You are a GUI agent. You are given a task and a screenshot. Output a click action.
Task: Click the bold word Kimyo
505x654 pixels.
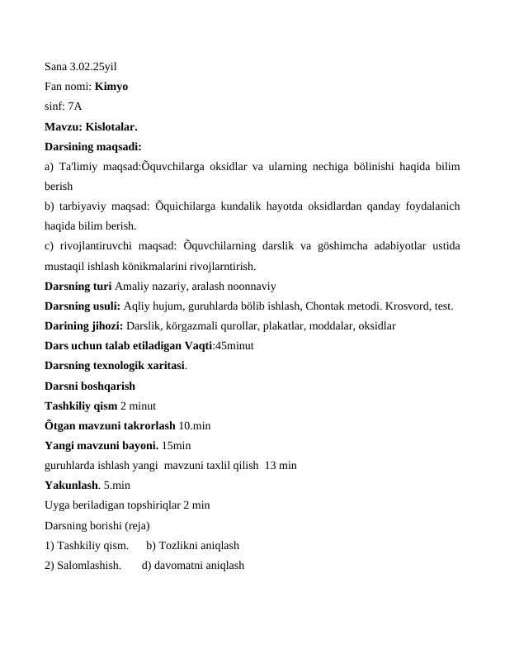(111, 86)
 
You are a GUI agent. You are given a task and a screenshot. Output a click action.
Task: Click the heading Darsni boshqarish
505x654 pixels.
(90, 386)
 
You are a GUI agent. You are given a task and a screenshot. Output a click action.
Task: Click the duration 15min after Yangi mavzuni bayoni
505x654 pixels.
(177, 445)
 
